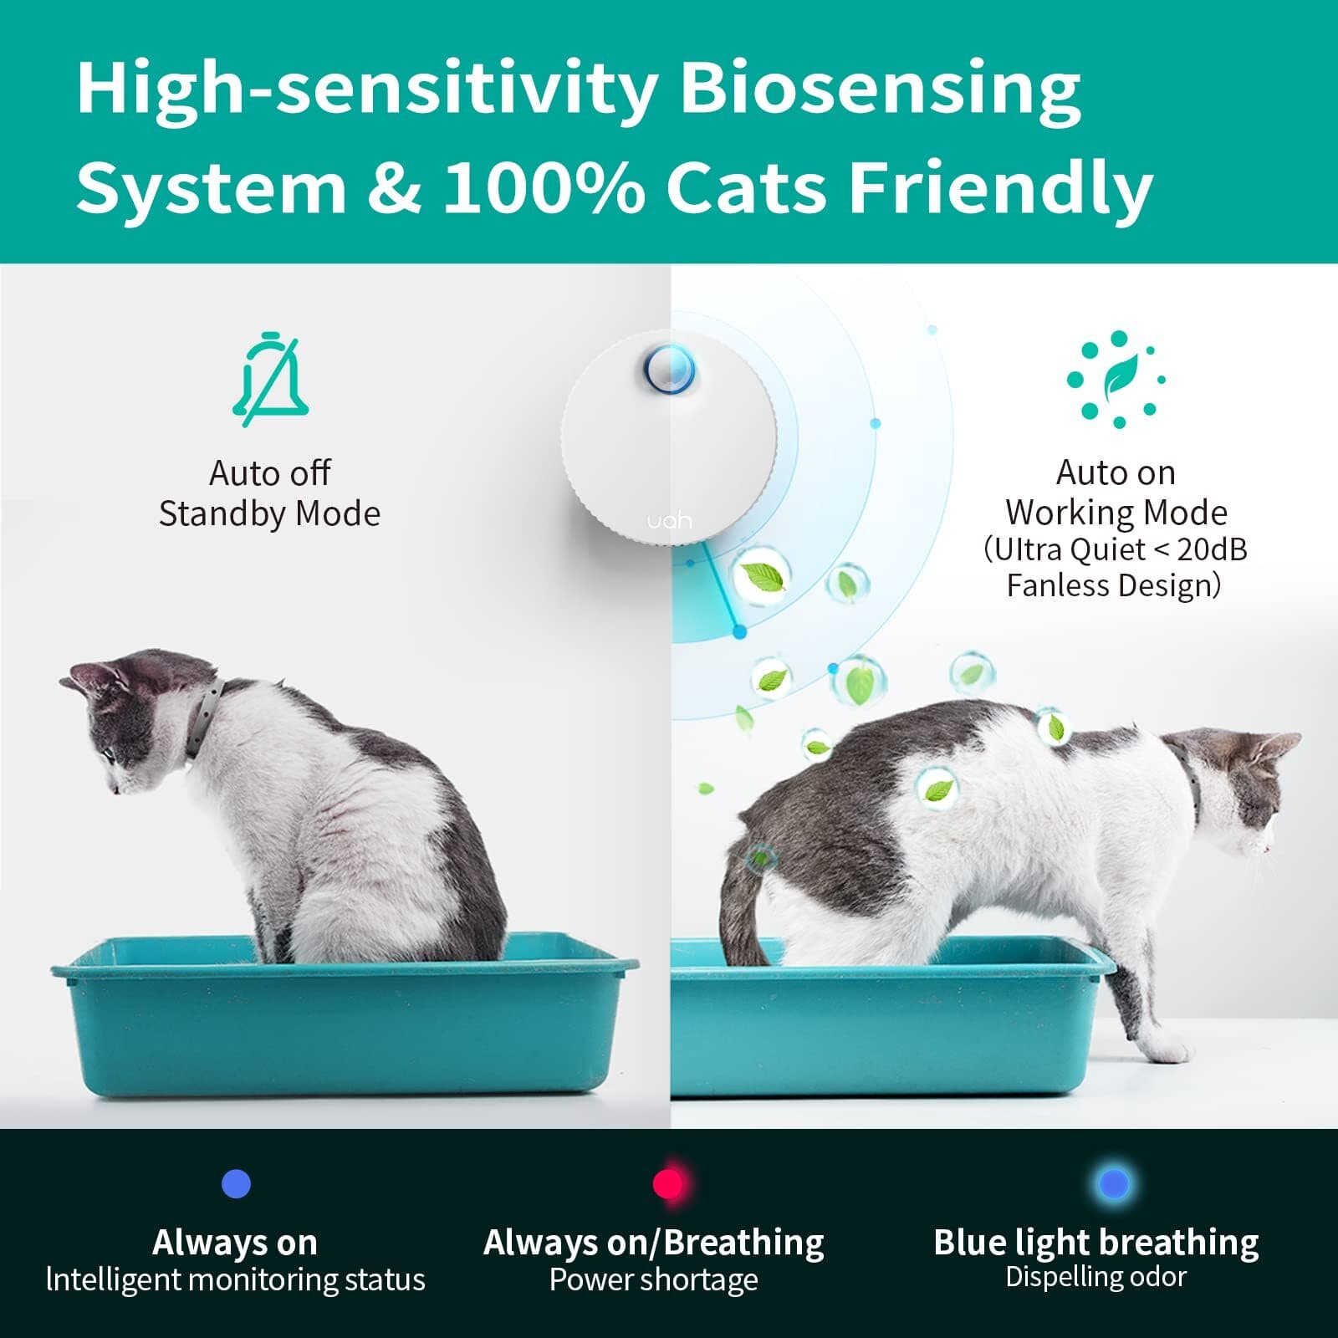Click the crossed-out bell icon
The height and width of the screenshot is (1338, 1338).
coord(270,380)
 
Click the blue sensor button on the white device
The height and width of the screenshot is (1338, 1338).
coord(669,369)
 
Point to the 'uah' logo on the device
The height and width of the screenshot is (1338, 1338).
coord(669,521)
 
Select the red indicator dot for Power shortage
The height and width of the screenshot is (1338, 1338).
coord(669,1183)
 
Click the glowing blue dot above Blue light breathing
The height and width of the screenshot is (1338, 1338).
coord(1113,1183)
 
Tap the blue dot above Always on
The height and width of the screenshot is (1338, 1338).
coord(236,1183)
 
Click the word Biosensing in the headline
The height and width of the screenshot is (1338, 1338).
coord(880,89)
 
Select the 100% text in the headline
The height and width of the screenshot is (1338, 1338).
coord(544,186)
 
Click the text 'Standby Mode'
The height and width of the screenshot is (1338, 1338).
coord(269,513)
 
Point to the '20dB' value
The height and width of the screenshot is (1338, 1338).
coord(1212,549)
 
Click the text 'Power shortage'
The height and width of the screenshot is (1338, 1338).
coord(653,1279)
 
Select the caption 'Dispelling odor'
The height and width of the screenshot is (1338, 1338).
coord(1095,1277)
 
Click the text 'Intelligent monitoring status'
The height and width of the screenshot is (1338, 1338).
coord(236,1279)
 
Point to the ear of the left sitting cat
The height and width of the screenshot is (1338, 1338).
coord(92,673)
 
